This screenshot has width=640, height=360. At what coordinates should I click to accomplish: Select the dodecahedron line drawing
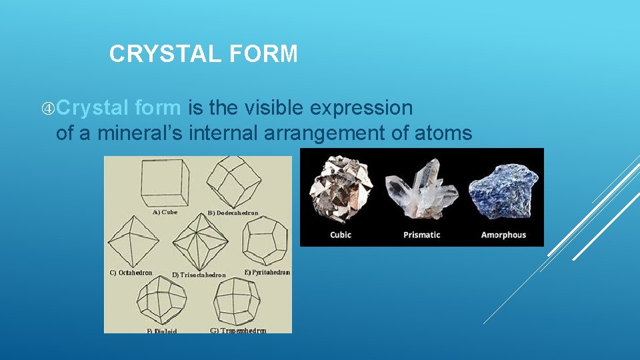(x=233, y=182)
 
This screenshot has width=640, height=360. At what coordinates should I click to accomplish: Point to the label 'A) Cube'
(x=165, y=213)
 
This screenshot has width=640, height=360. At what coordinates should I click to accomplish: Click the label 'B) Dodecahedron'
(x=233, y=213)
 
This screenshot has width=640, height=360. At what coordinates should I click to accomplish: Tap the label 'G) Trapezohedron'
(x=238, y=330)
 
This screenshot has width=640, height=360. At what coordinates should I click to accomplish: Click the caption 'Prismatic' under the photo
(x=421, y=235)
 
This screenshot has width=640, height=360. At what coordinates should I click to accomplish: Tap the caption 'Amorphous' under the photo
(x=503, y=235)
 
